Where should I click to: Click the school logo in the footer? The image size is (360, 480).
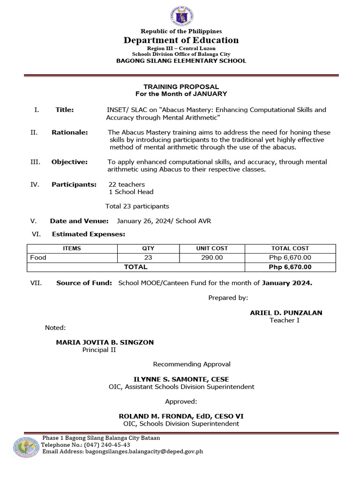[26, 447]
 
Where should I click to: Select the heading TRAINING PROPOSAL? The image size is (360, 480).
[181, 87]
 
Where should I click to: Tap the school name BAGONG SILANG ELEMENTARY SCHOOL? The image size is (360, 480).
[181, 61]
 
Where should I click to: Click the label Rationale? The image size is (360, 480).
[69, 133]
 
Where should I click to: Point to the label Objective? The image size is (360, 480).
[69, 162]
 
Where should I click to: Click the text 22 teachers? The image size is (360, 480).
[127, 185]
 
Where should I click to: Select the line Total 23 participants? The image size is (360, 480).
[137, 206]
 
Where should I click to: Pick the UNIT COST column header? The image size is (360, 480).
[212, 248]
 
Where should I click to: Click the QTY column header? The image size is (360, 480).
[148, 248]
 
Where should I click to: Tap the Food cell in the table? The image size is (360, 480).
[38, 258]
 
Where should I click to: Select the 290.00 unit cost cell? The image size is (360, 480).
[212, 258]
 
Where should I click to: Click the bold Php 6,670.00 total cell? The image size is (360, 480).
[290, 267]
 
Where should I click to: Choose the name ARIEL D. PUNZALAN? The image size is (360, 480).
[286, 313]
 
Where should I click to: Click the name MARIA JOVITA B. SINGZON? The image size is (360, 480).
[105, 342]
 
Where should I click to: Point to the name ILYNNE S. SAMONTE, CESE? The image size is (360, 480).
[181, 379]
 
